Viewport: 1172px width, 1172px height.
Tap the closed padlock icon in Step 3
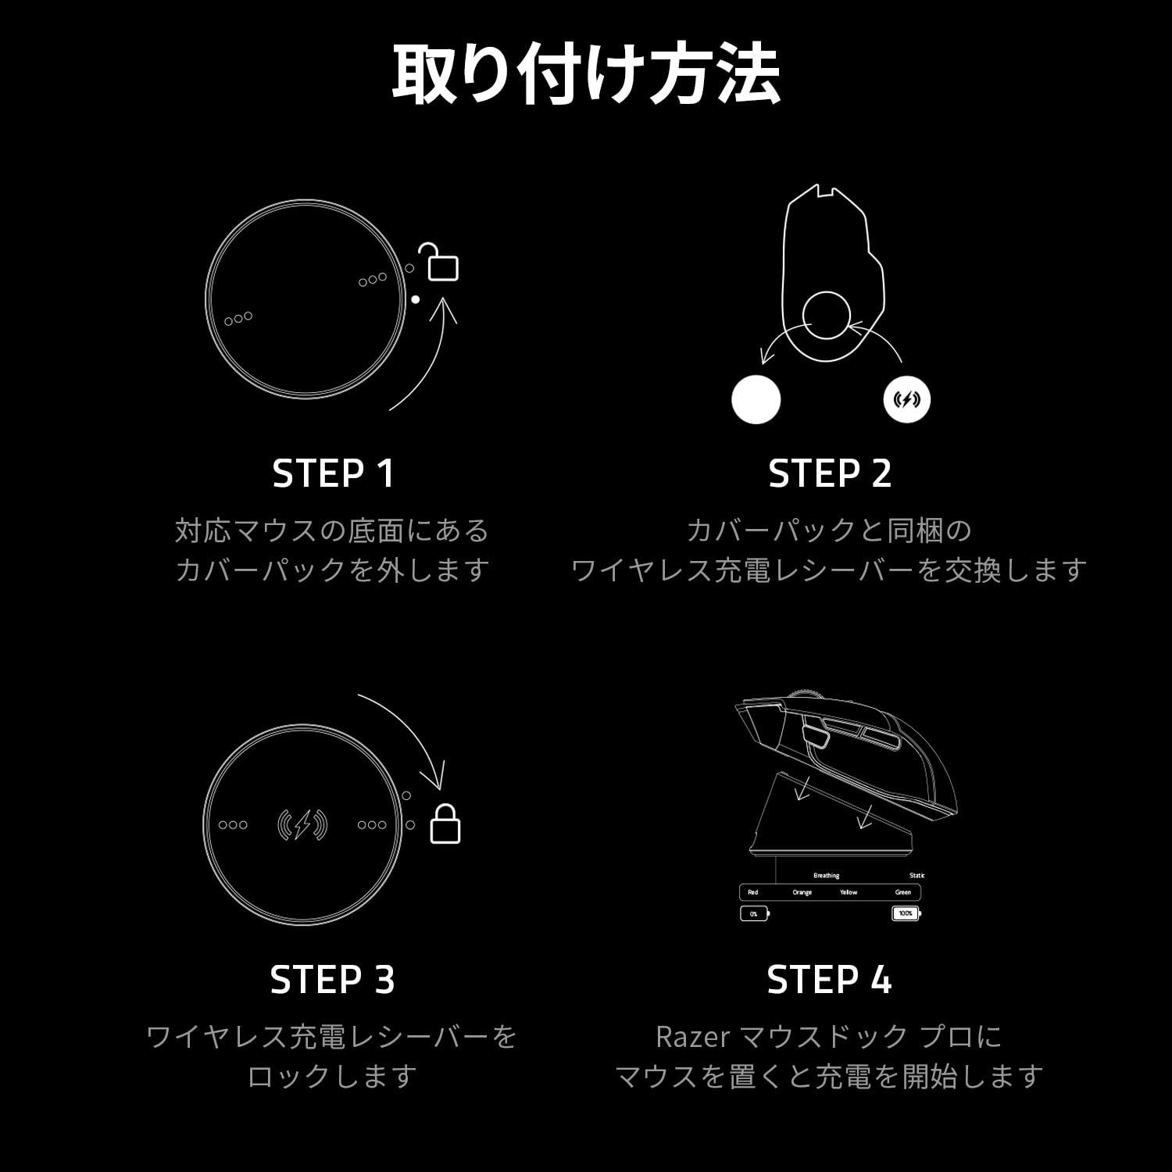(x=445, y=824)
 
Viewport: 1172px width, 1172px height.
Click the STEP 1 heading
(x=334, y=473)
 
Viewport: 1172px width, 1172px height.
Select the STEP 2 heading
(x=830, y=473)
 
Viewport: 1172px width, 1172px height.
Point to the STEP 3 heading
(x=333, y=980)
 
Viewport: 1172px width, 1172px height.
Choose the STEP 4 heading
(x=829, y=980)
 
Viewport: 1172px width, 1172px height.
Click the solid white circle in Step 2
(x=756, y=399)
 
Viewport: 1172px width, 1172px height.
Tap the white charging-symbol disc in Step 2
(x=906, y=399)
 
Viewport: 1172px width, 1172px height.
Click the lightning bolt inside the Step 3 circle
(x=303, y=824)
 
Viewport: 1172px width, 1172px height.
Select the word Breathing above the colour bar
(x=826, y=876)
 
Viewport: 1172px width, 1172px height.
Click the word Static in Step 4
(x=917, y=876)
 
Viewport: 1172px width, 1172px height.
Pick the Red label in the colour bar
(x=752, y=892)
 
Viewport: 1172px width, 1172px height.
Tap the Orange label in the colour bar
(x=802, y=892)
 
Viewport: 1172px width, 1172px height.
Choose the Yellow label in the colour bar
(x=849, y=892)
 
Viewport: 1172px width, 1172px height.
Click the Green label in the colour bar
(x=902, y=892)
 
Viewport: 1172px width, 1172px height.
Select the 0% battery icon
(x=755, y=913)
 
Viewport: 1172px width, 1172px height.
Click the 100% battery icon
(x=906, y=913)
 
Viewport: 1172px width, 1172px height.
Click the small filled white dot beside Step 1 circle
(x=416, y=299)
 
